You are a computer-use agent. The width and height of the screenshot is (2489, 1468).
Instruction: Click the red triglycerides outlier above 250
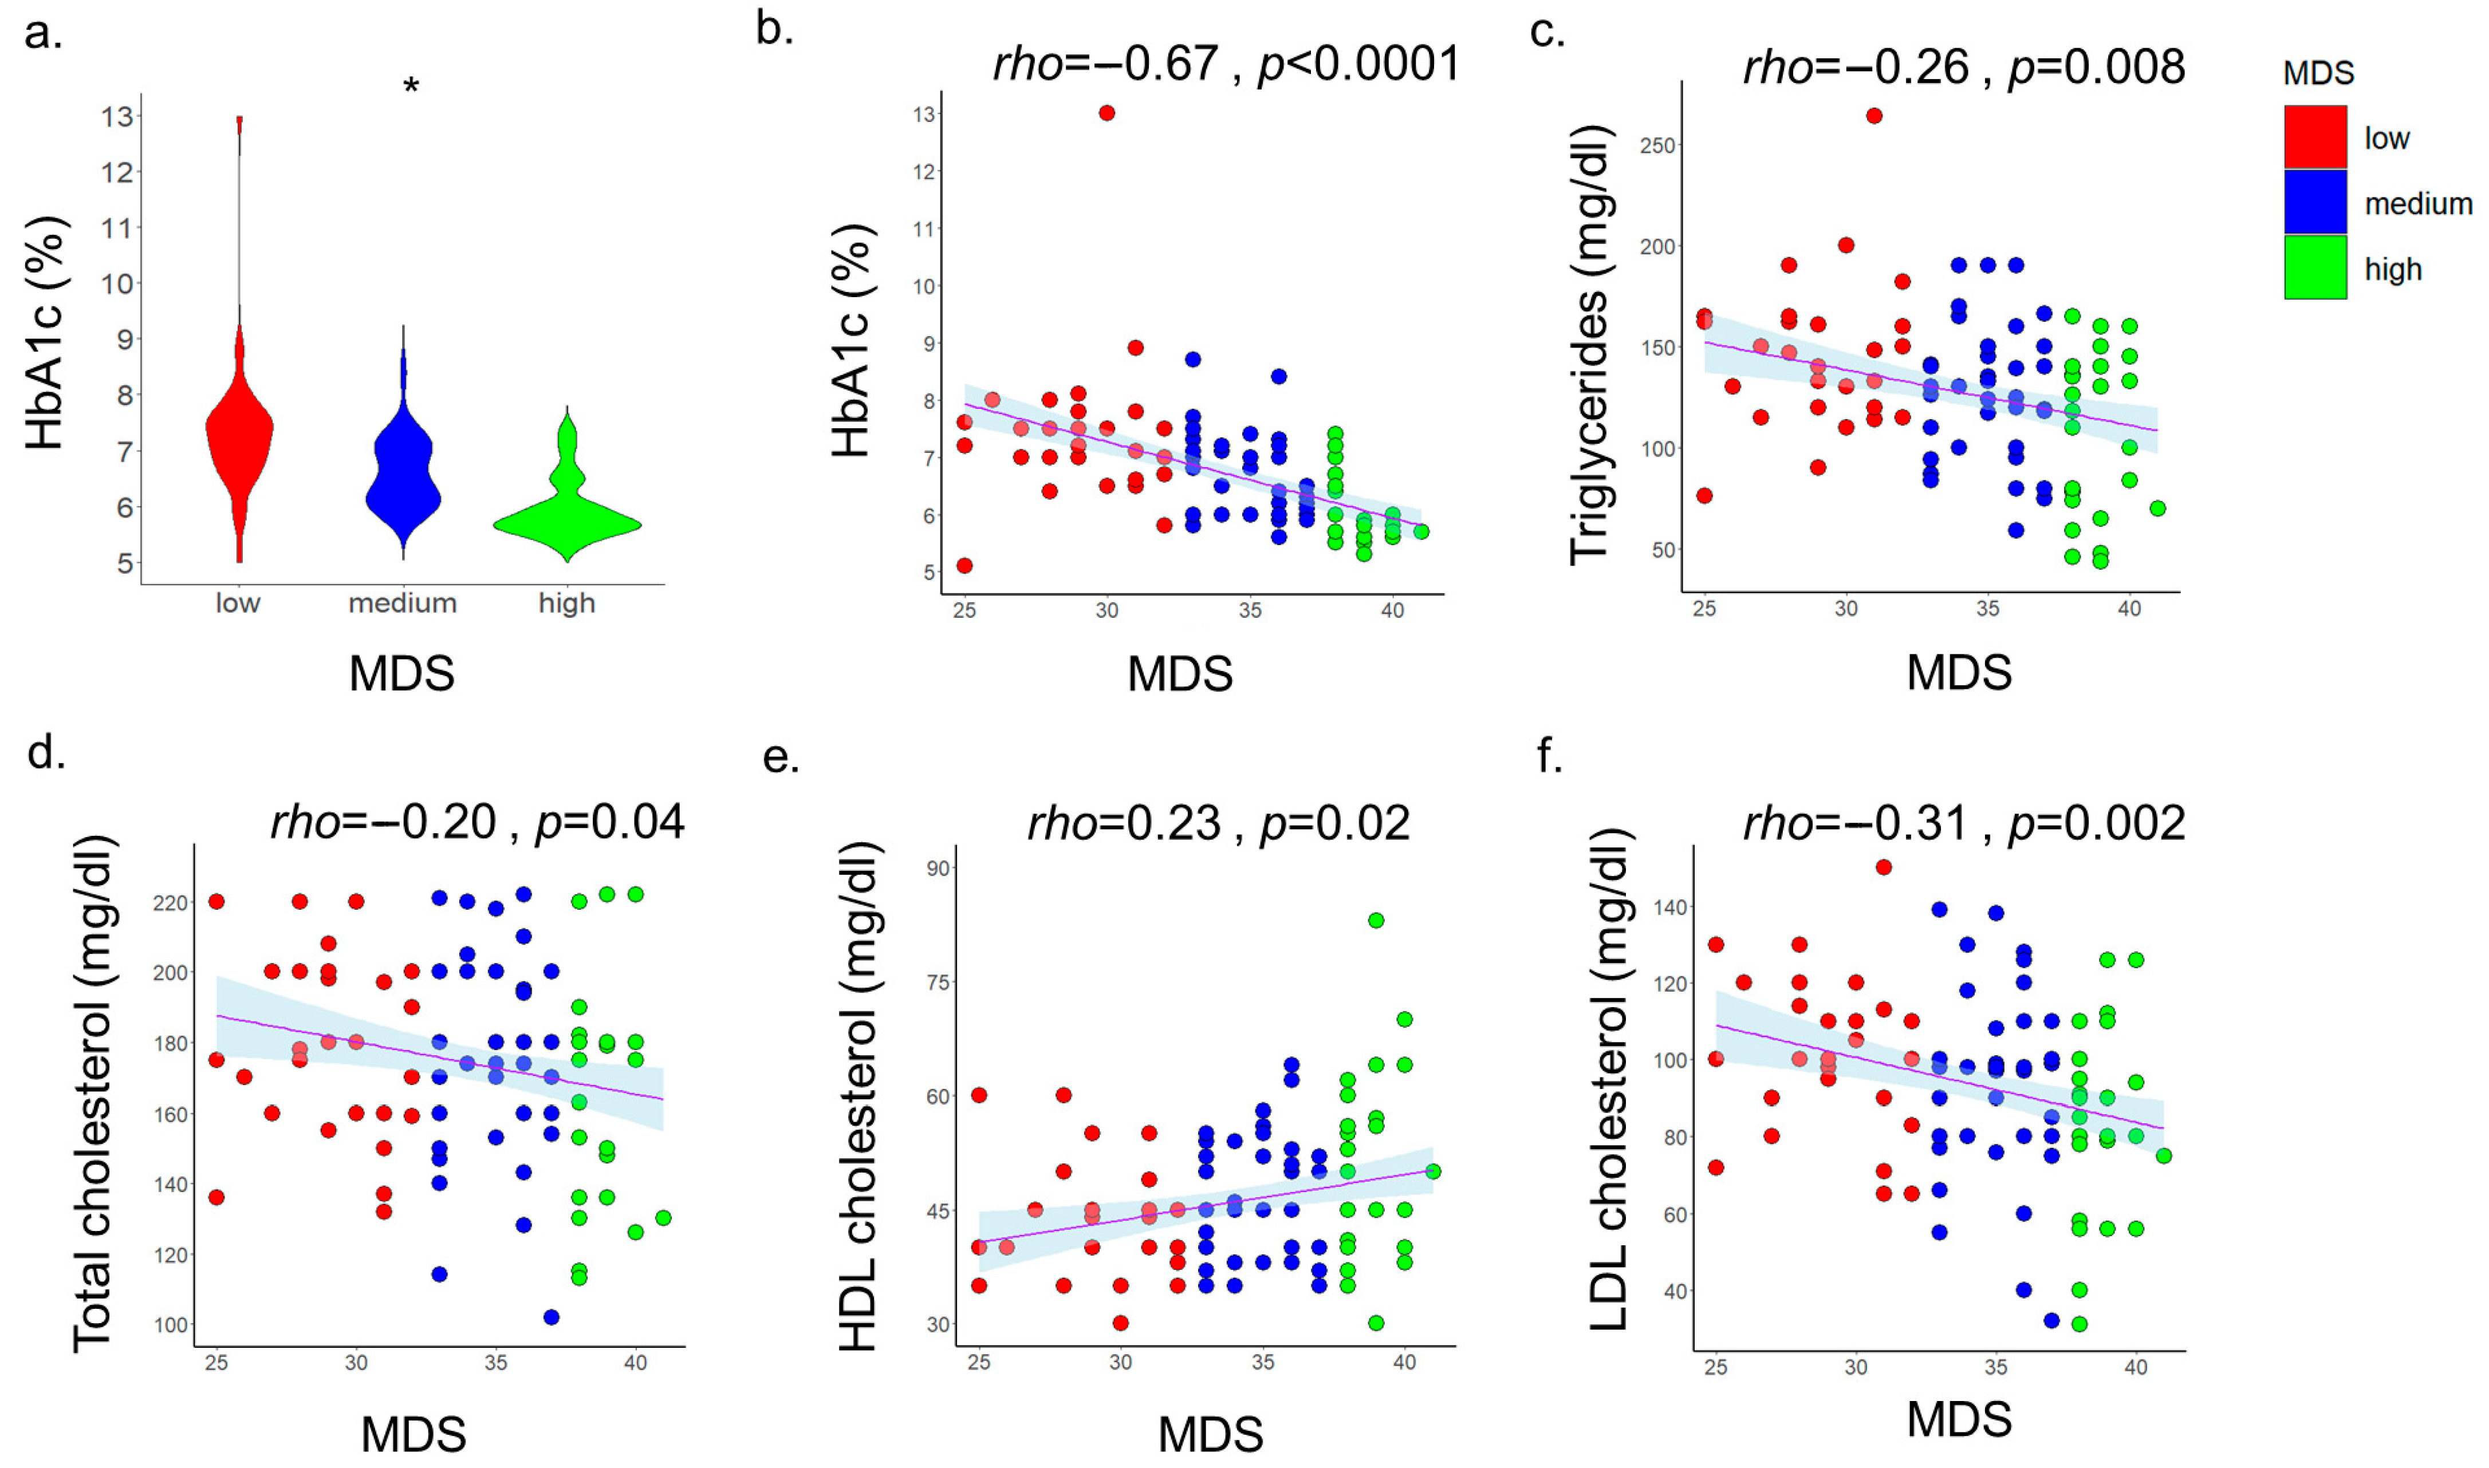click(x=1874, y=116)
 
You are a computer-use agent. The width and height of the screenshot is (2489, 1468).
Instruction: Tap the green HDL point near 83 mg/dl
click(x=1375, y=920)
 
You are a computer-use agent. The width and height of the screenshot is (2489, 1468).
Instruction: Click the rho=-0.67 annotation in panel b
click(x=1104, y=64)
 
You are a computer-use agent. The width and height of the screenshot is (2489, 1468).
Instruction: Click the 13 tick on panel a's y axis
click(x=117, y=117)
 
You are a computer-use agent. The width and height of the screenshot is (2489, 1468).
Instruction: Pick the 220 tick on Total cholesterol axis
click(x=170, y=903)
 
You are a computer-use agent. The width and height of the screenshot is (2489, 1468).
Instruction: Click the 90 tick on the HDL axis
click(x=938, y=867)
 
